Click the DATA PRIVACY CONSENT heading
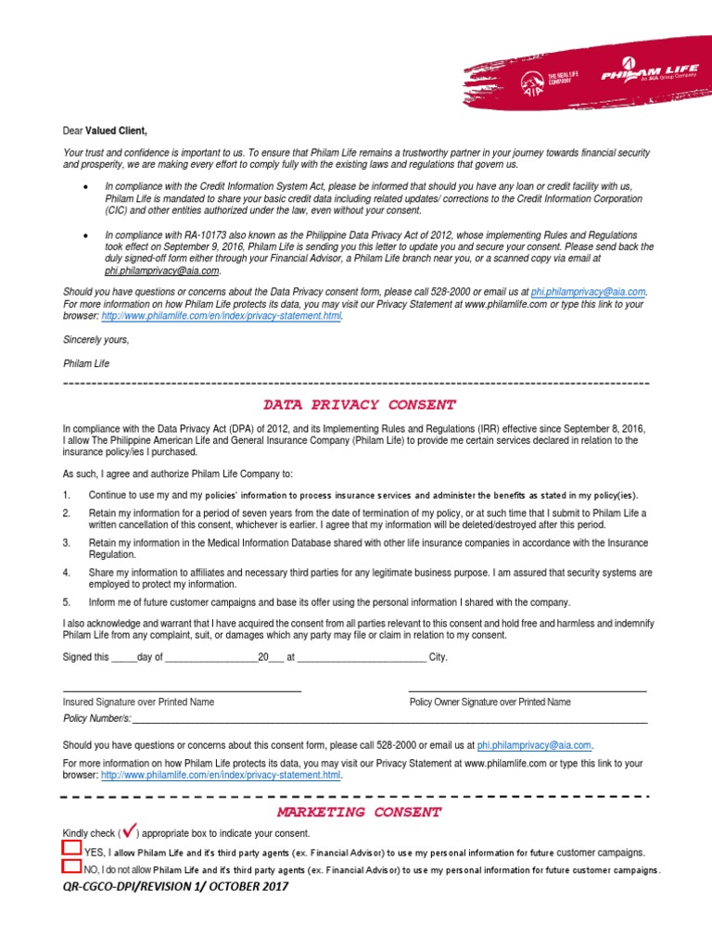click(x=359, y=405)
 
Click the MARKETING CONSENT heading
click(x=361, y=812)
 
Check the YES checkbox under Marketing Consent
click(x=71, y=848)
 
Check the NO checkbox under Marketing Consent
click(x=71, y=867)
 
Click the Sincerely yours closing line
click(x=96, y=340)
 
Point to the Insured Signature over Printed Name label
click(x=138, y=702)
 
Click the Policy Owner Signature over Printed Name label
click(x=489, y=702)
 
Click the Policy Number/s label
click(x=96, y=718)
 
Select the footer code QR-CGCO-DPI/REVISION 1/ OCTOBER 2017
click(x=175, y=887)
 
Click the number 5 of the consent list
click(x=66, y=602)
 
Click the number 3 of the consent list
click(x=66, y=543)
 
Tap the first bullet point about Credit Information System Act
click(x=86, y=186)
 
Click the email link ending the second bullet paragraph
click(x=161, y=272)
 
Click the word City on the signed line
click(x=438, y=657)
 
